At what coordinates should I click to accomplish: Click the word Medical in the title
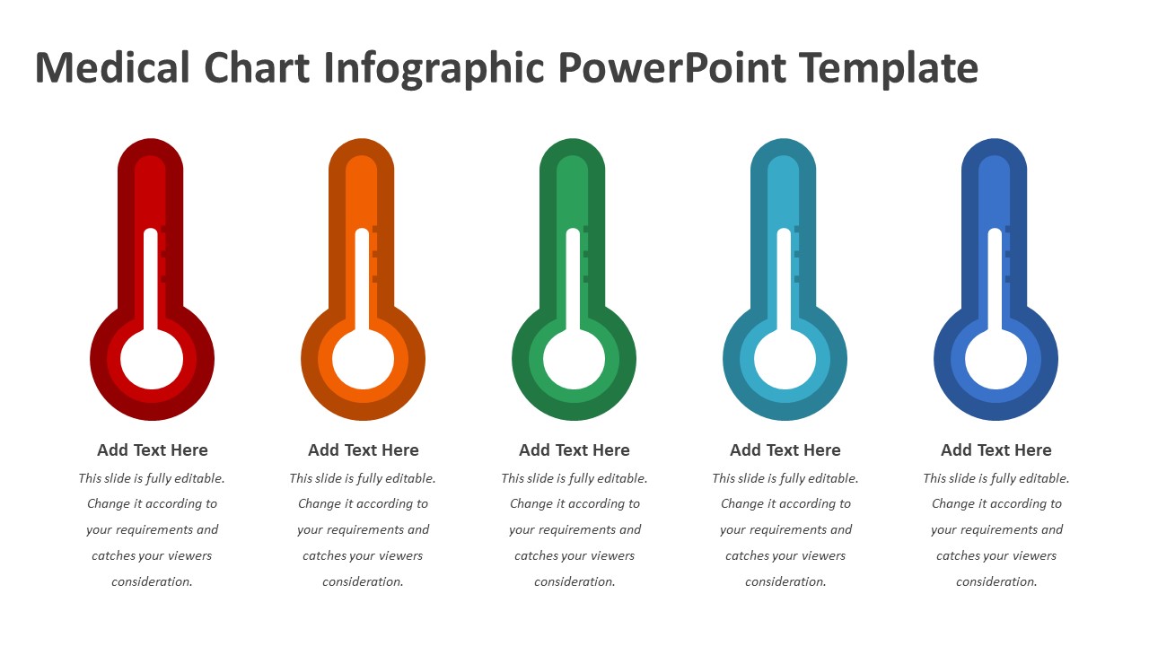[112, 67]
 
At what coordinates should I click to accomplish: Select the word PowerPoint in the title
[672, 67]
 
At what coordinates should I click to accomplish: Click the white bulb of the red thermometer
[152, 360]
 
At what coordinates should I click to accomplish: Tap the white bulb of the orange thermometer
[363, 360]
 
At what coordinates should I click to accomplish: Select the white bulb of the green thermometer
[574, 360]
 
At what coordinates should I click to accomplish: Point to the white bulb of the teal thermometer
[785, 360]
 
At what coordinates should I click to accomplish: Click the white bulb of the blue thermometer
[996, 360]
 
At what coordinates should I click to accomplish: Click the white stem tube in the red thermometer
[150, 279]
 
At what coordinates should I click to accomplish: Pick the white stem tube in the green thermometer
[573, 279]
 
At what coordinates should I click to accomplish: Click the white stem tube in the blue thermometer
[995, 279]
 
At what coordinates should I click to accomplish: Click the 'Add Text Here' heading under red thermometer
[153, 450]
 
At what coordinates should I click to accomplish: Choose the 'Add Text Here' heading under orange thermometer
[364, 450]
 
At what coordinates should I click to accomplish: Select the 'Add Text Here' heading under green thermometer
[574, 450]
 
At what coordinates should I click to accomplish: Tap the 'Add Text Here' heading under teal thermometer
[785, 450]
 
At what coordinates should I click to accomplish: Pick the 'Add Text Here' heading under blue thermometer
[996, 450]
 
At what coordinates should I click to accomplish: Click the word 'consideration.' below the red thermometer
[152, 582]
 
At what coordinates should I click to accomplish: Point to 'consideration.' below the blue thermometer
[996, 582]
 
